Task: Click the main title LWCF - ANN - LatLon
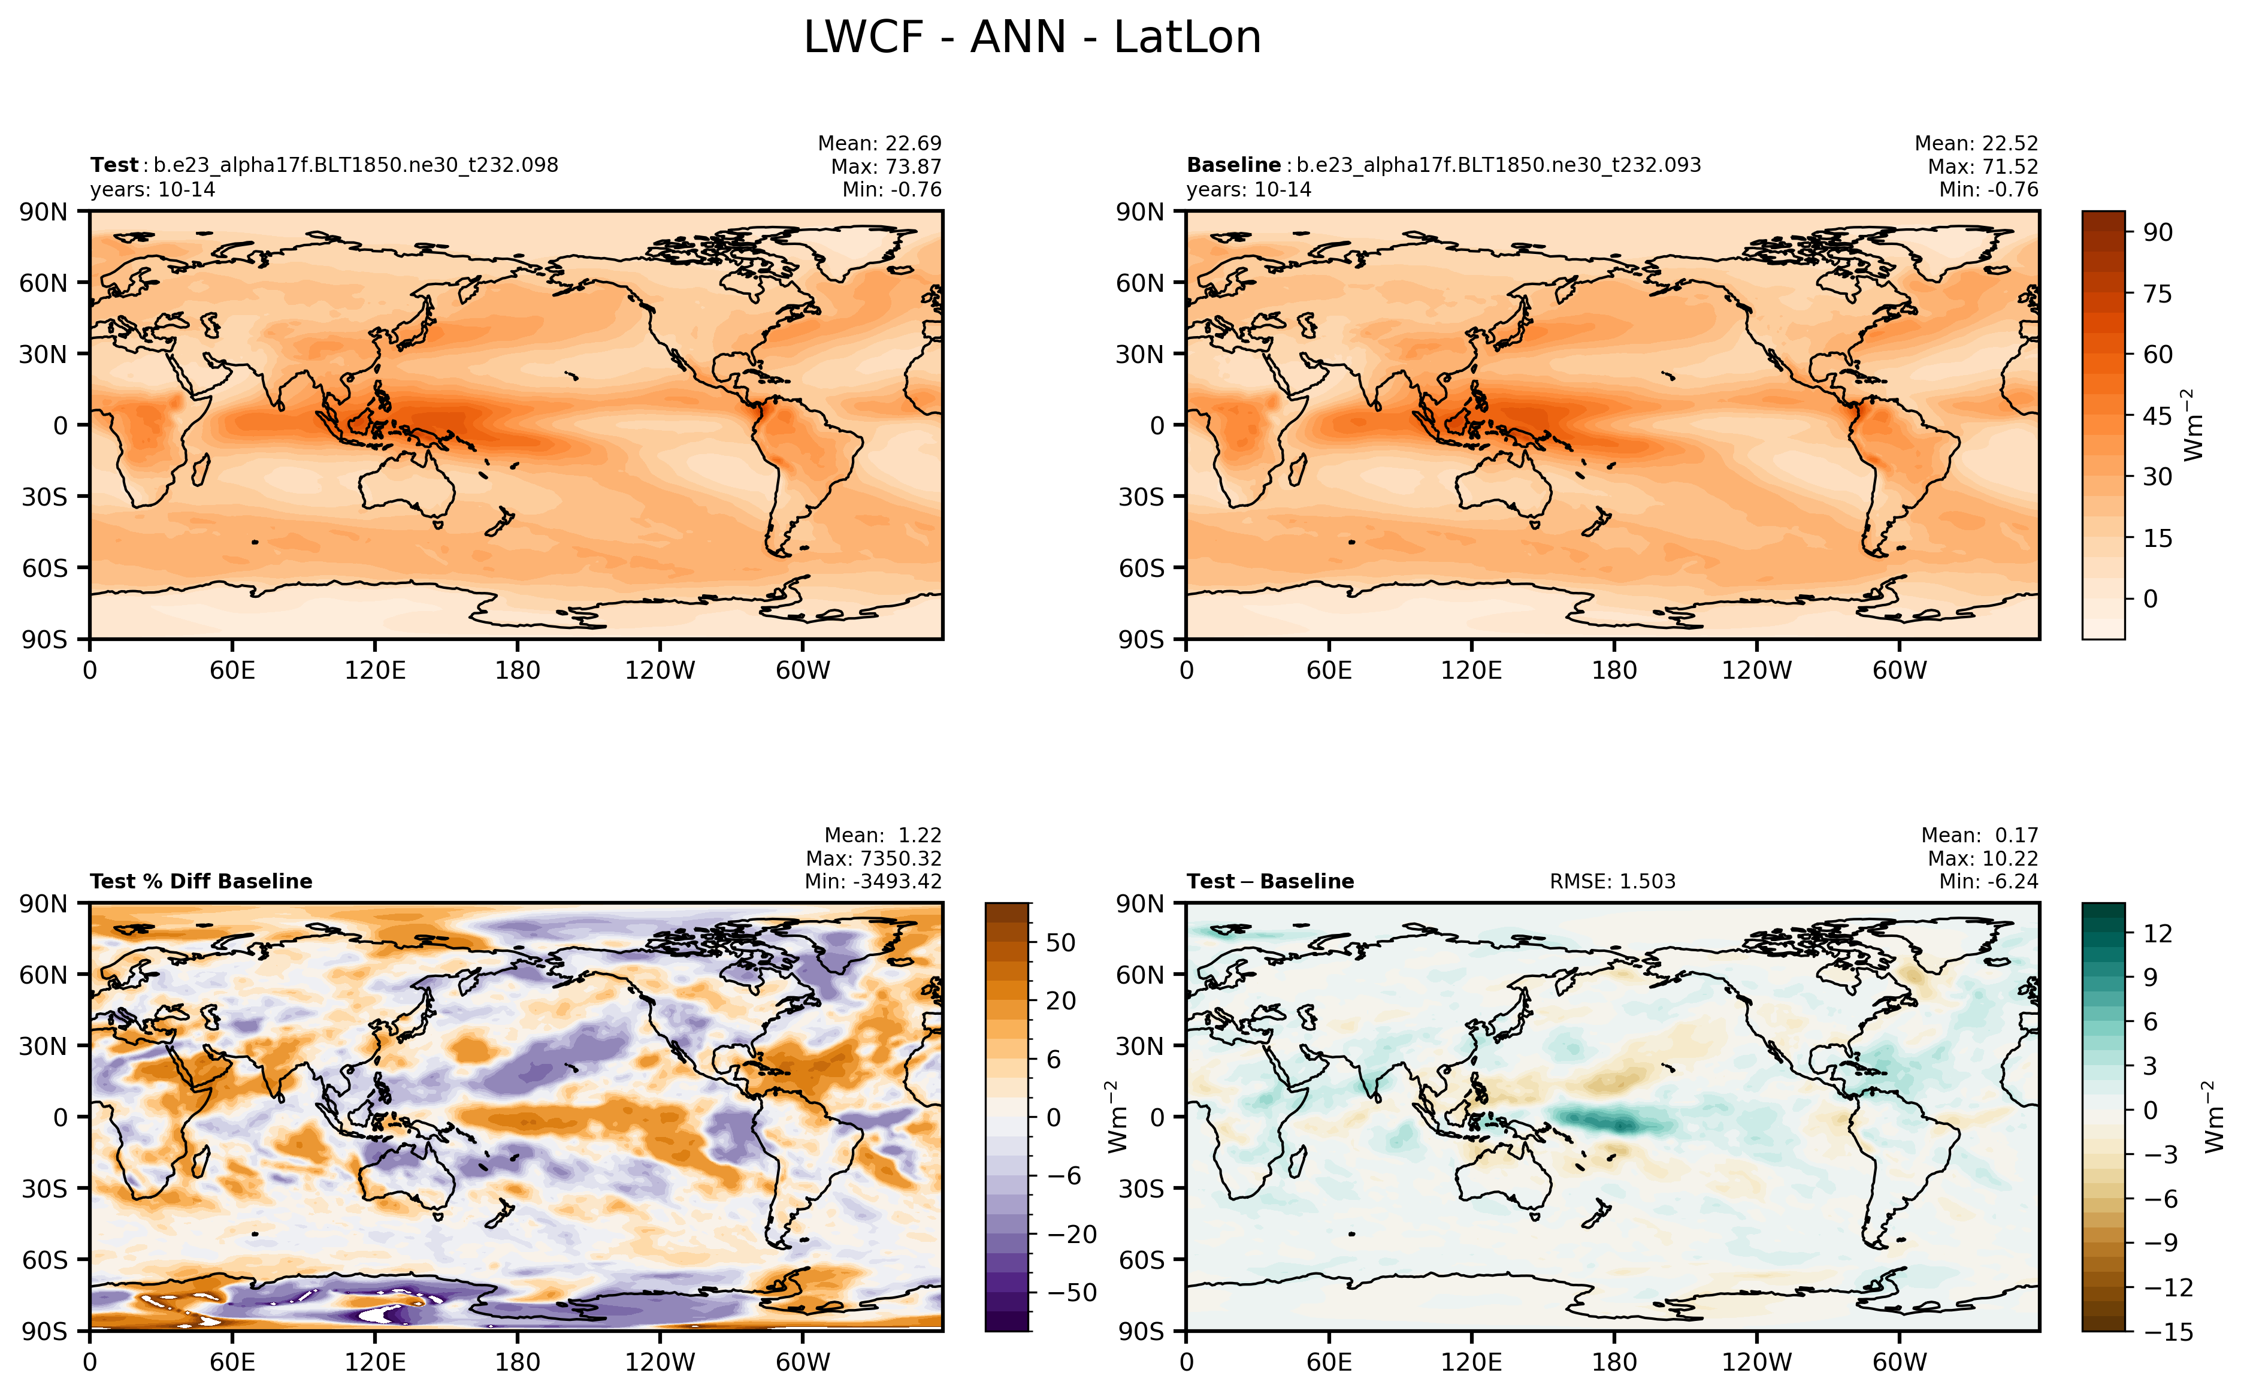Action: (1032, 38)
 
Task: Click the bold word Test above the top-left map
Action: (113, 165)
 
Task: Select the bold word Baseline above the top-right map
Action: (1232, 165)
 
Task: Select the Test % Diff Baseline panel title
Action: (201, 881)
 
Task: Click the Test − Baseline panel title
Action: (1269, 881)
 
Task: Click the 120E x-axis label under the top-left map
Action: (374, 670)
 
